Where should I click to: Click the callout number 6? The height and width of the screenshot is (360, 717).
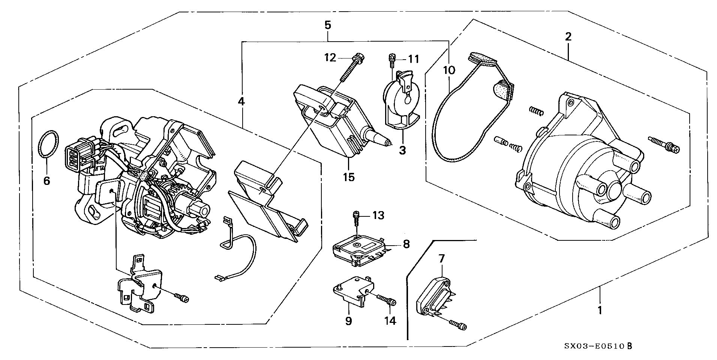coord(46,181)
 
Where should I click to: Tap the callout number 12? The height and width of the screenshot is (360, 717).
coord(330,58)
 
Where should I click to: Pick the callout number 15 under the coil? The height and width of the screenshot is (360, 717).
coord(348,177)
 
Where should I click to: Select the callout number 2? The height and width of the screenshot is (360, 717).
coord(568,37)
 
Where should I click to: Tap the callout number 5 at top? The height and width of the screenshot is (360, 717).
coord(327,25)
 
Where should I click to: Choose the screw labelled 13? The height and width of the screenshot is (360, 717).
coord(355,219)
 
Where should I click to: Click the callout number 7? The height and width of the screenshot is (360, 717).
coord(441,258)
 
